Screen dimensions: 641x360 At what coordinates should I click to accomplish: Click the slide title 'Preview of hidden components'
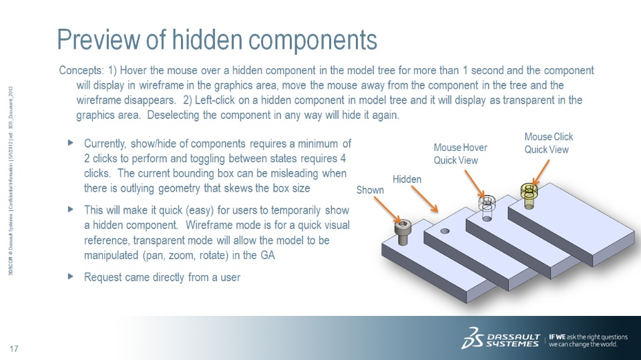click(216, 39)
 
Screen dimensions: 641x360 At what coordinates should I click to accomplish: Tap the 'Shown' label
click(370, 190)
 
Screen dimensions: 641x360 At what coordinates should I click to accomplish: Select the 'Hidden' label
click(407, 179)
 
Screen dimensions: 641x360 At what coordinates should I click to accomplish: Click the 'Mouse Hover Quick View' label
click(460, 154)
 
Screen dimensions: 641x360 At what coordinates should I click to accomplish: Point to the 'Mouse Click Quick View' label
click(549, 143)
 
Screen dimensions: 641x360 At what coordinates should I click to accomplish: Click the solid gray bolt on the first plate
click(403, 232)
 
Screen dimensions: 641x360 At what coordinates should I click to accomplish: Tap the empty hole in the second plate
click(445, 231)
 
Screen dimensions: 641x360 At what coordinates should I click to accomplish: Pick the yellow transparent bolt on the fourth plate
click(529, 196)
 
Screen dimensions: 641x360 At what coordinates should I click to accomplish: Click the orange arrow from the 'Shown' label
click(387, 209)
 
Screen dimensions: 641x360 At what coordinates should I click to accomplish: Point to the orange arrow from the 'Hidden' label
click(425, 199)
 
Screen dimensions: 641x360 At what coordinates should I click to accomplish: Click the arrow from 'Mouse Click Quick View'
click(541, 172)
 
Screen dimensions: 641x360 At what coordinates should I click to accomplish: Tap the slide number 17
click(14, 349)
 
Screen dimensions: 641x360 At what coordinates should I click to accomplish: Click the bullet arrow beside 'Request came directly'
click(70, 276)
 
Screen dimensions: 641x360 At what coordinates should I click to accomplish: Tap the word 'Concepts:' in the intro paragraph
click(81, 70)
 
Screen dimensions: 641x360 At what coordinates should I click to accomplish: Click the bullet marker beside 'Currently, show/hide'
click(70, 142)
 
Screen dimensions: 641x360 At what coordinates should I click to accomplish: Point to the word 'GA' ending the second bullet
click(267, 255)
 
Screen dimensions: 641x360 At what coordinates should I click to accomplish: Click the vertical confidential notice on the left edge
click(11, 181)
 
